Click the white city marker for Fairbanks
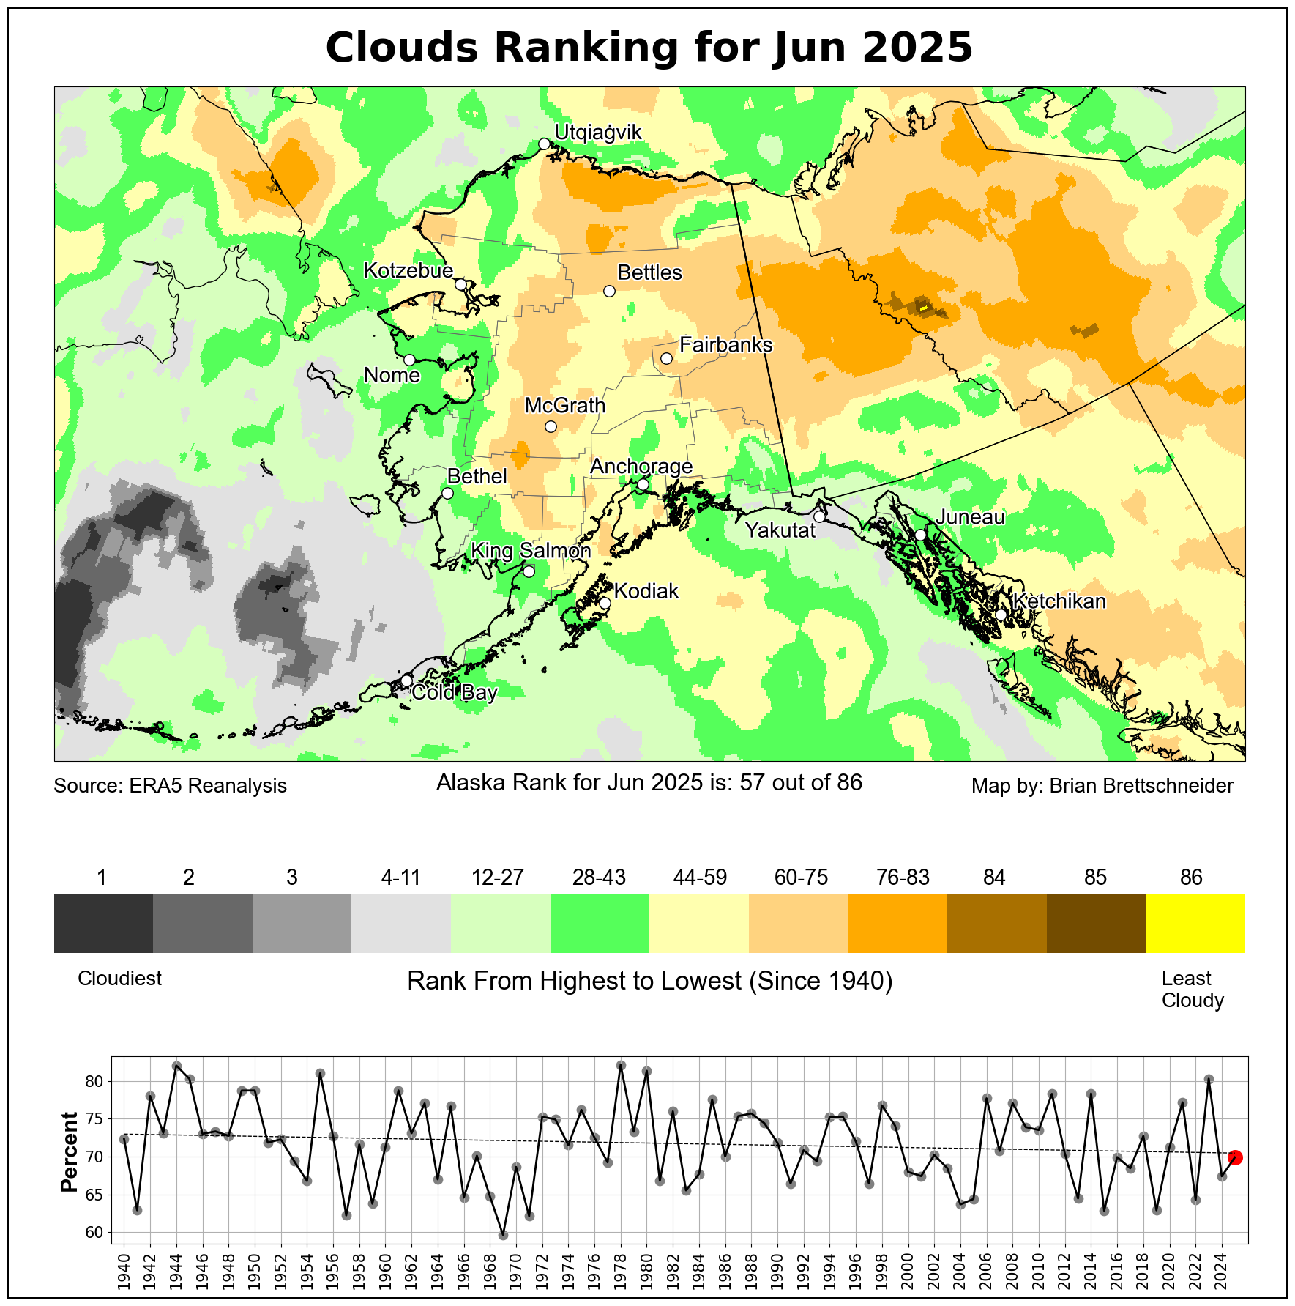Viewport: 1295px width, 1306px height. [x=666, y=358]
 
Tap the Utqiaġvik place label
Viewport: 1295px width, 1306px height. [x=598, y=133]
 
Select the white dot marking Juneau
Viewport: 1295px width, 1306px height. [x=920, y=535]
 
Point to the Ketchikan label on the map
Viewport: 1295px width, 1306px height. [x=1059, y=601]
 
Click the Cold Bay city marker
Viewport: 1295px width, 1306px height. [x=407, y=680]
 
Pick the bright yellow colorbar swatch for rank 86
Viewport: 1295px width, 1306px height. [x=1195, y=922]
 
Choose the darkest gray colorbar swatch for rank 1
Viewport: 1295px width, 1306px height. [x=103, y=922]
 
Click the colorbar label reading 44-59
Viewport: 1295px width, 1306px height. [x=700, y=878]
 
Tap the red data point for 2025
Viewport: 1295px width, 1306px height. [x=1235, y=1157]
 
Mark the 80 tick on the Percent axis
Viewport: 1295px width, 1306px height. [x=96, y=1082]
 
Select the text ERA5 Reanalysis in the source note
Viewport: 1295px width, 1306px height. [x=208, y=786]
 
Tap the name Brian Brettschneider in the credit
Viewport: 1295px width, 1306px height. [x=1141, y=786]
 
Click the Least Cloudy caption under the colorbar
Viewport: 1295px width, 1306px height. [x=1192, y=989]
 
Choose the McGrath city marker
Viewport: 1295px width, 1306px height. [x=551, y=427]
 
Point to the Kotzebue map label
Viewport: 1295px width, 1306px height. [x=408, y=271]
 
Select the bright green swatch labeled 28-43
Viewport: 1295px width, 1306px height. [x=600, y=922]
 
